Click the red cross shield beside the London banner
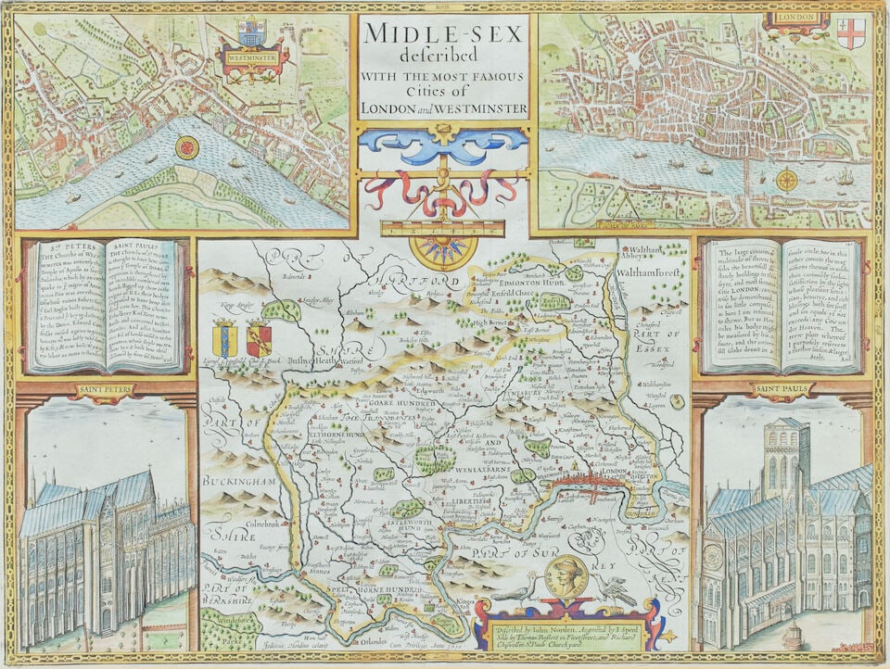tap(849, 32)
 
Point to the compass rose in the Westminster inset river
tap(187, 146)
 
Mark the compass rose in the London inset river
tap(787, 180)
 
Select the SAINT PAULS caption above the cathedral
tap(782, 389)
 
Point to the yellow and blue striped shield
tap(224, 338)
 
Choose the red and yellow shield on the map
tap(259, 339)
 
